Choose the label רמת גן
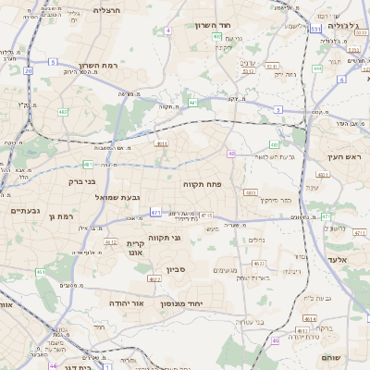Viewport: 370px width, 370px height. click(x=57, y=216)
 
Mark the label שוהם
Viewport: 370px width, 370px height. click(x=330, y=357)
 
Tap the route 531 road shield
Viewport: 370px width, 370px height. click(x=314, y=30)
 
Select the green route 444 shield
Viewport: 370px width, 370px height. click(x=316, y=68)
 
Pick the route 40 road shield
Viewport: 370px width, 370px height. click(x=230, y=154)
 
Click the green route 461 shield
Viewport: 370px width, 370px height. click(x=40, y=272)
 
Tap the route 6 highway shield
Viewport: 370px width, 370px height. click(x=340, y=80)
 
